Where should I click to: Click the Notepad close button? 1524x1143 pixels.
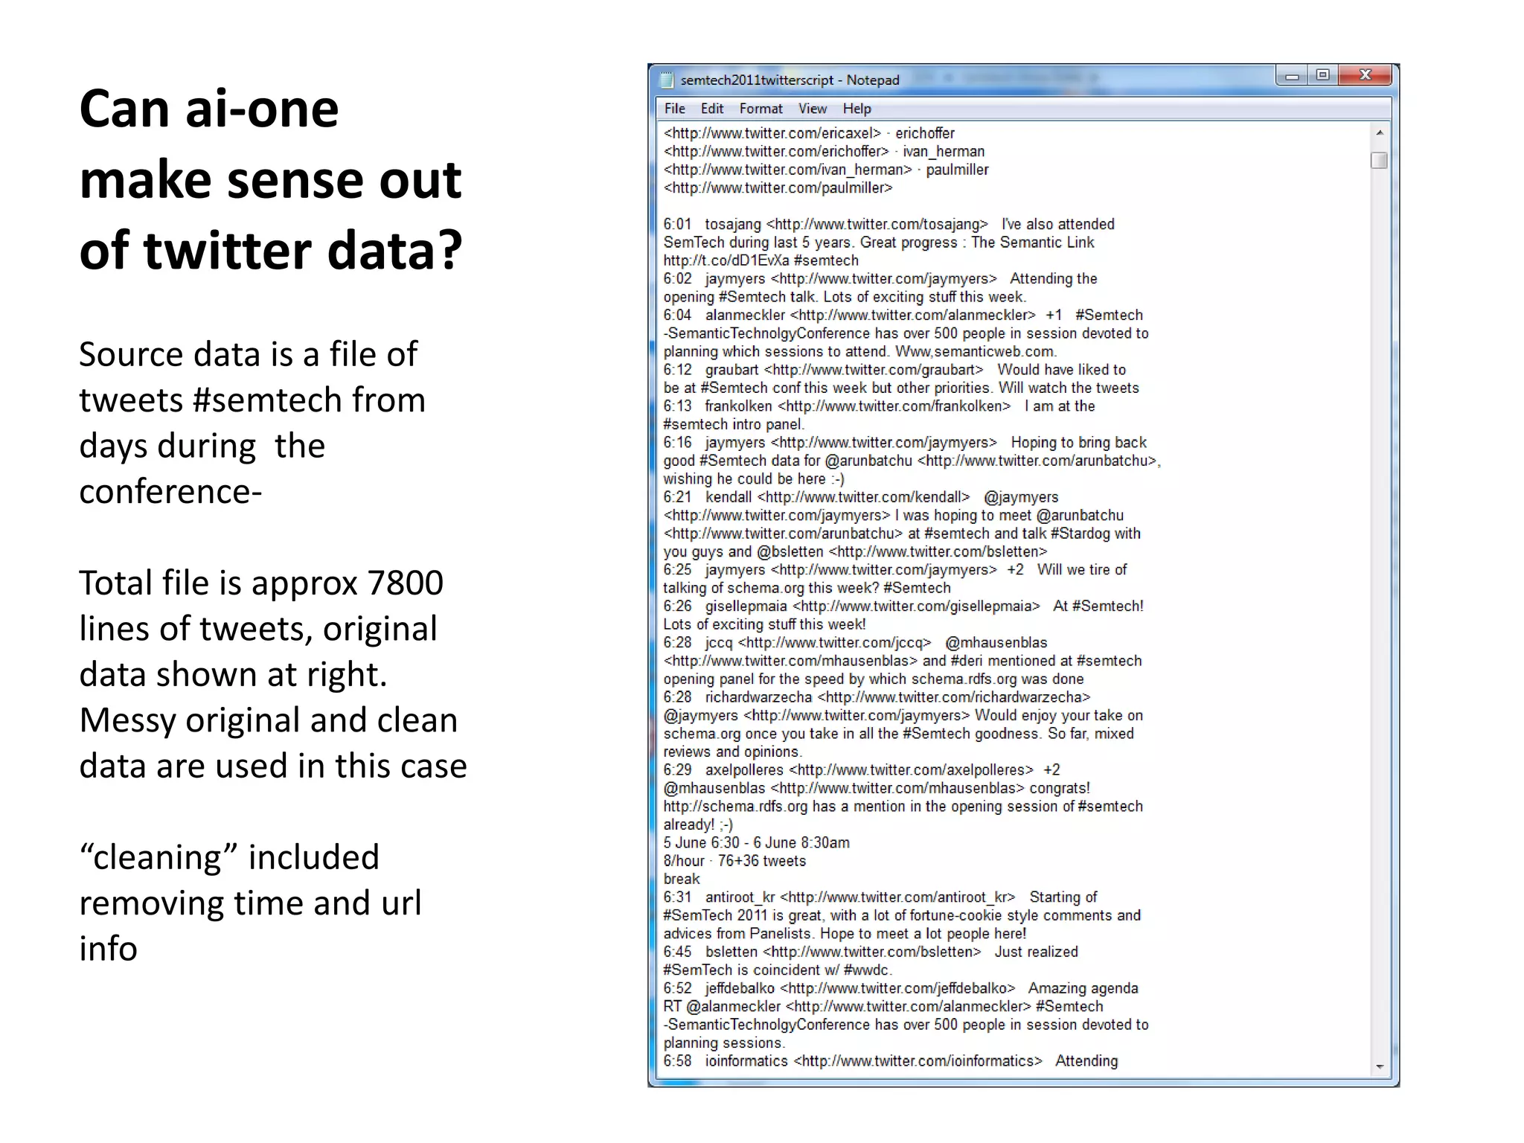(1364, 75)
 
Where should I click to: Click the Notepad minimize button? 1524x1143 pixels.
(1292, 76)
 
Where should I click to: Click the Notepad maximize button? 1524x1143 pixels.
(1322, 75)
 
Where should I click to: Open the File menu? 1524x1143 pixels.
(674, 109)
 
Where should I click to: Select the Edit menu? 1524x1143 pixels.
(711, 109)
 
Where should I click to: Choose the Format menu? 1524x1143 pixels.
(761, 109)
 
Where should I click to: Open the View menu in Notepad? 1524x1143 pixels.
(812, 109)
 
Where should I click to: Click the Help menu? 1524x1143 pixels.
(857, 109)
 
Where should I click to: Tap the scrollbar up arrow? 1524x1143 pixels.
(1379, 133)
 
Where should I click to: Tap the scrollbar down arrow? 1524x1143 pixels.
(1379, 1066)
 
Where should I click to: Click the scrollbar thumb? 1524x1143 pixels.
(1379, 160)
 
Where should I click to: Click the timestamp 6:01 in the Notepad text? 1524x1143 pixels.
(677, 224)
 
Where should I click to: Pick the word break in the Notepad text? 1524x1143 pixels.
(681, 879)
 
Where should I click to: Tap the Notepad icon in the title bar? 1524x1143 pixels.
(667, 80)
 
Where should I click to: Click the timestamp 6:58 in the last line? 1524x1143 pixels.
(677, 1061)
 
